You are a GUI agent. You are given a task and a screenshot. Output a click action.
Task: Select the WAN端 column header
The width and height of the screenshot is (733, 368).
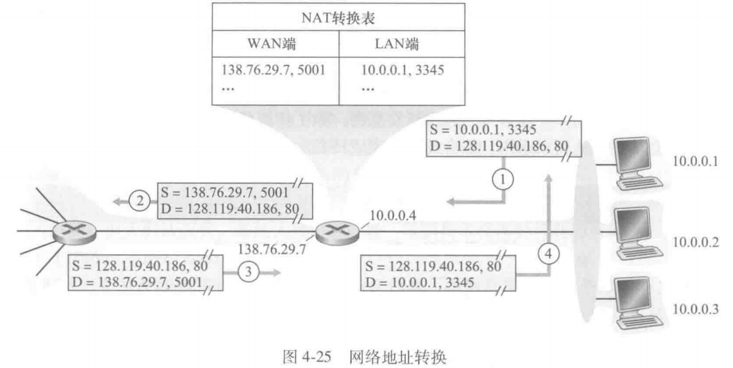pyautogui.click(x=276, y=46)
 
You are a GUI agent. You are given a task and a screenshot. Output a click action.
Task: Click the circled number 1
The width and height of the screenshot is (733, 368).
pyautogui.click(x=503, y=180)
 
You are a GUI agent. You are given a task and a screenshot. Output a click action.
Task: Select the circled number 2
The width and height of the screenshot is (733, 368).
pyautogui.click(x=138, y=202)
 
